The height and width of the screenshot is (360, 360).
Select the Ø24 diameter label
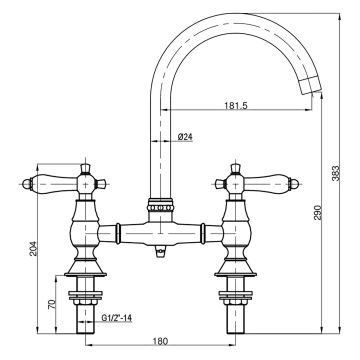click(x=185, y=137)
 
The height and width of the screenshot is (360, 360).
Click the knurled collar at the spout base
click(x=159, y=208)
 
